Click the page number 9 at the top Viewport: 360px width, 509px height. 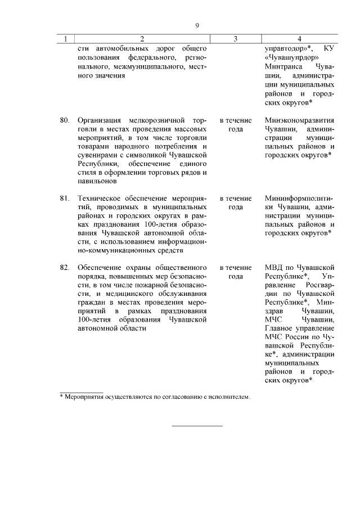click(197, 25)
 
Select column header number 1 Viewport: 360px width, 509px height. click(66, 39)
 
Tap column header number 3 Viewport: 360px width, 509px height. click(235, 39)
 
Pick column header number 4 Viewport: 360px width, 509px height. click(299, 39)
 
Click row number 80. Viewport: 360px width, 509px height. click(64, 120)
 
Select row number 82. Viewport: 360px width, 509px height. click(64, 267)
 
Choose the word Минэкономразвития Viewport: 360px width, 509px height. click(299, 120)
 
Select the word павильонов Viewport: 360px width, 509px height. click(98, 182)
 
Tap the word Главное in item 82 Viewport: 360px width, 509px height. click(280, 328)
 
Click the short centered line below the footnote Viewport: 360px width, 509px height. click(197, 426)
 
